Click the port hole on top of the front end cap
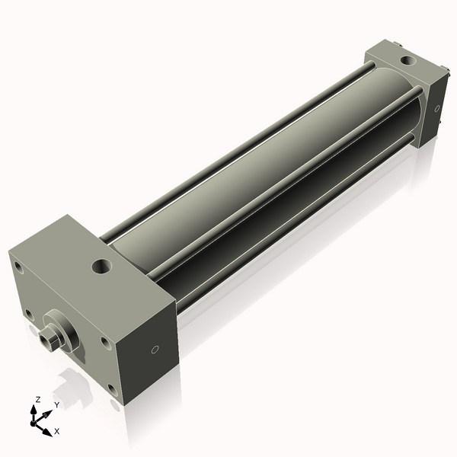pyautogui.click(x=101, y=267)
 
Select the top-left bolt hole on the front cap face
pyautogui.click(x=17, y=266)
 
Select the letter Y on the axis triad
pyautogui.click(x=56, y=405)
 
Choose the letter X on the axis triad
pyautogui.click(x=57, y=430)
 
